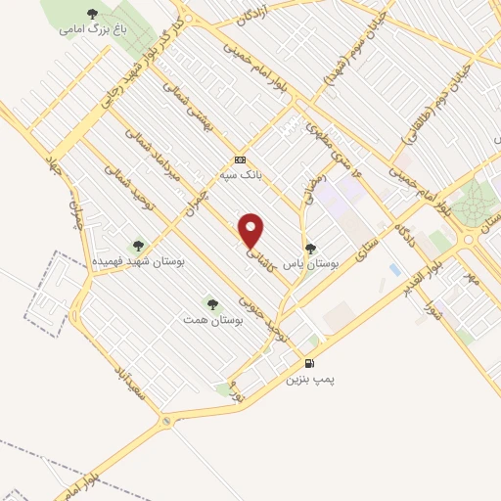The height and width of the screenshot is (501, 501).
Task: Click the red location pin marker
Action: pyautogui.click(x=251, y=231)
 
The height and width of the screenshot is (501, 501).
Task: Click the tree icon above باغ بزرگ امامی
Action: pyautogui.click(x=92, y=14)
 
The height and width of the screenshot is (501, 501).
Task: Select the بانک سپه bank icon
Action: pyautogui.click(x=240, y=159)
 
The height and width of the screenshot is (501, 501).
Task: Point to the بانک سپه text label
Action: pyautogui.click(x=238, y=176)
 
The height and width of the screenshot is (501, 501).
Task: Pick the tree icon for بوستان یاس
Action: pyautogui.click(x=310, y=249)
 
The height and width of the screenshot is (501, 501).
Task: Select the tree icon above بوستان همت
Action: pyautogui.click(x=210, y=304)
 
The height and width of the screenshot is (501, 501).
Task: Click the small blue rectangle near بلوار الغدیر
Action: pyautogui.click(x=394, y=269)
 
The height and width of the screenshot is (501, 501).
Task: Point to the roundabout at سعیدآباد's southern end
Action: pyautogui.click(x=167, y=421)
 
